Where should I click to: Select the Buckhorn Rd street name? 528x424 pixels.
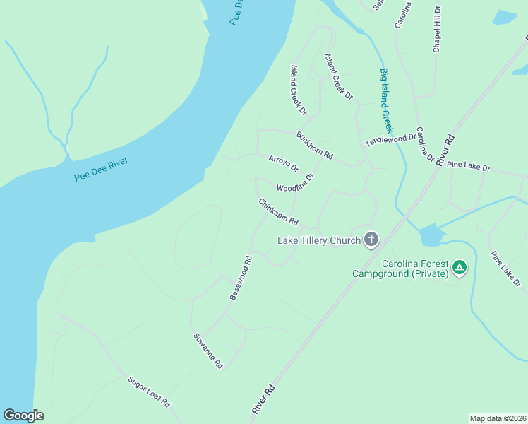(314, 145)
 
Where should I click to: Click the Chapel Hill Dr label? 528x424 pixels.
(437, 30)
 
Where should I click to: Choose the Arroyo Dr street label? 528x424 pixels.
(284, 163)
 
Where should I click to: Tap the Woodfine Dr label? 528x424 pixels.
(294, 184)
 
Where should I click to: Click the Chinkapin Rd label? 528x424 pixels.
(278, 212)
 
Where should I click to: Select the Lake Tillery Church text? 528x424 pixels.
(319, 240)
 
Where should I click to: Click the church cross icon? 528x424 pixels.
(371, 240)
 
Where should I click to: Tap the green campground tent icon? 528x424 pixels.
(460, 267)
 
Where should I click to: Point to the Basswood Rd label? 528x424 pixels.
(241, 278)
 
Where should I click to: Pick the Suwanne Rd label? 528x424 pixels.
(208, 351)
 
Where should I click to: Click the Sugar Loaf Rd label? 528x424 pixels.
(149, 391)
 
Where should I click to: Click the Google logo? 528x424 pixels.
(23, 416)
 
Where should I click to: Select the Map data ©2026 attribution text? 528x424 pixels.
(498, 418)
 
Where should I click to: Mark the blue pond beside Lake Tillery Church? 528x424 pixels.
(431, 235)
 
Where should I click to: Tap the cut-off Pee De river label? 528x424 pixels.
(237, 13)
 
